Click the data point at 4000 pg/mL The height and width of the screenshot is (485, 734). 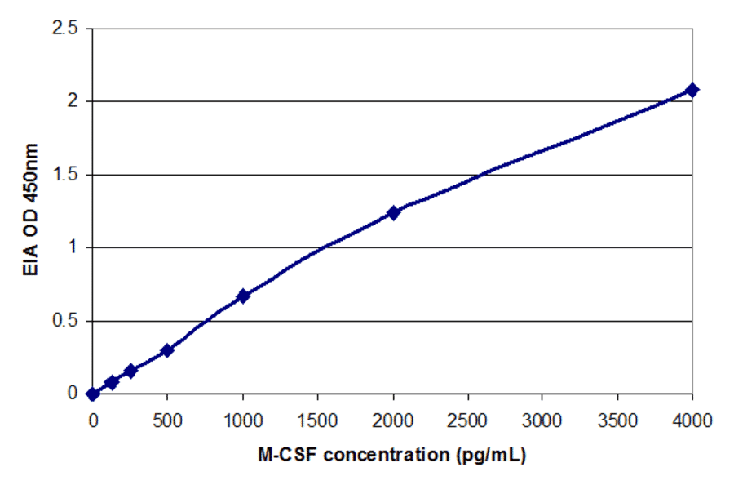pyautogui.click(x=692, y=90)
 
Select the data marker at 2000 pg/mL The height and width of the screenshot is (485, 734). pyautogui.click(x=393, y=213)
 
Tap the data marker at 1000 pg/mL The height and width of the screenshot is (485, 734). pyautogui.click(x=243, y=296)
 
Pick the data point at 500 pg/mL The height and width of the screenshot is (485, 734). pyautogui.click(x=167, y=350)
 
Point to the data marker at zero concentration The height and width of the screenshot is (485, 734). pyautogui.click(x=93, y=394)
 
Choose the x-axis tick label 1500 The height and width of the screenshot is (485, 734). pyautogui.click(x=317, y=420)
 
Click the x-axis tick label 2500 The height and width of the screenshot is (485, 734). pyautogui.click(x=467, y=420)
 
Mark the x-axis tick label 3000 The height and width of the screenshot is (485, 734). pyautogui.click(x=542, y=420)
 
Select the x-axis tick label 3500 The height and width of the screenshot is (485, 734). pyautogui.click(x=617, y=420)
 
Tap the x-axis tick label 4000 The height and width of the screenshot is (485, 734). pyautogui.click(x=692, y=420)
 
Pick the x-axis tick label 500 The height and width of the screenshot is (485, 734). pyautogui.click(x=168, y=420)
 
